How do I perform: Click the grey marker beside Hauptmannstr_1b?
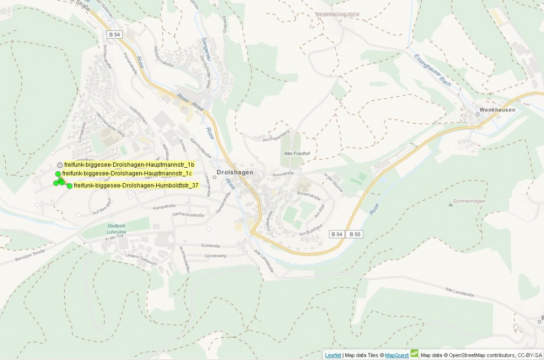pyautogui.click(x=60, y=165)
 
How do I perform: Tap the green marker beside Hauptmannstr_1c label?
pyautogui.click(x=58, y=174)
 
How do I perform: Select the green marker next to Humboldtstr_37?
pyautogui.click(x=70, y=186)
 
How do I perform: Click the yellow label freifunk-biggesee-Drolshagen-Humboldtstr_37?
pyautogui.click(x=136, y=185)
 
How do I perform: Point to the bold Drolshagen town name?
pyautogui.click(x=235, y=173)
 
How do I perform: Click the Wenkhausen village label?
pyautogui.click(x=497, y=110)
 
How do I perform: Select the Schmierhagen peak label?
pyautogui.click(x=470, y=202)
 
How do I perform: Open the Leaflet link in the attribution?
pyautogui.click(x=333, y=355)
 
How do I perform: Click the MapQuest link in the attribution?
pyautogui.click(x=397, y=355)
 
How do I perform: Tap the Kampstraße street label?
pyautogui.click(x=164, y=206)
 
